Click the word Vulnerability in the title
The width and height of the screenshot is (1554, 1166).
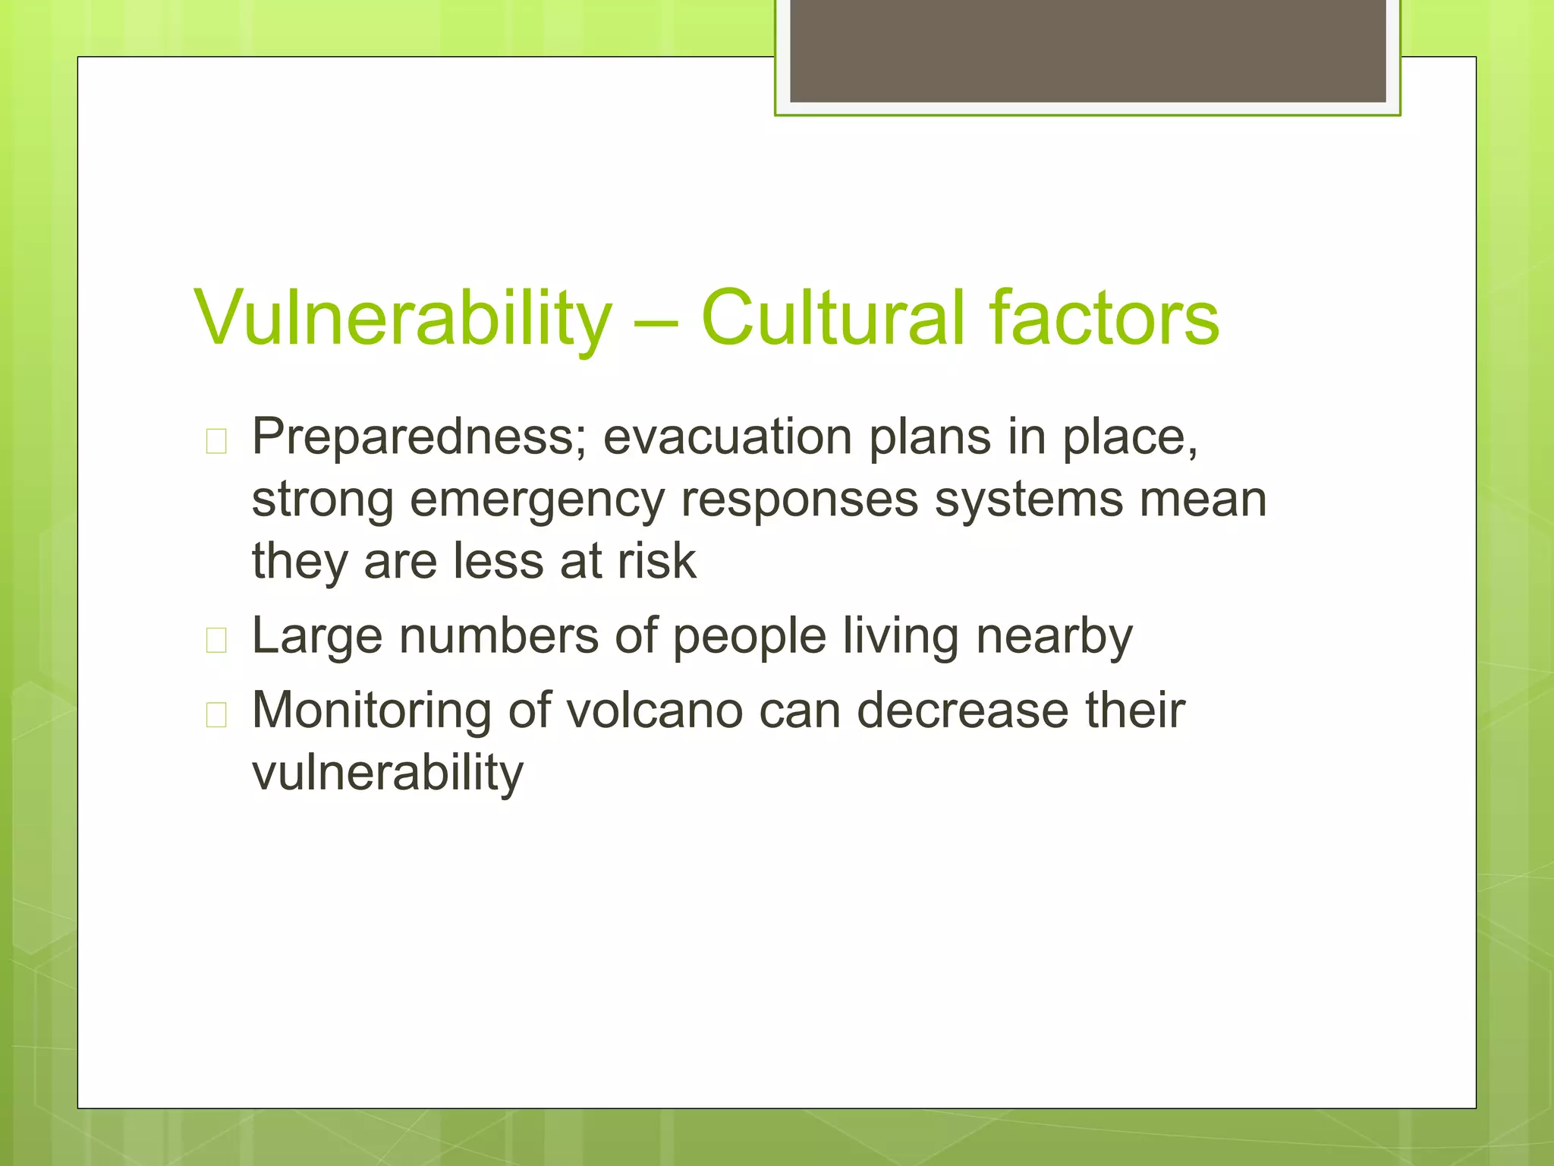coord(402,319)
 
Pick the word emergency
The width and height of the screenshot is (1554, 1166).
coord(536,501)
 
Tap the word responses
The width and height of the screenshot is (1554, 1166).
coord(799,501)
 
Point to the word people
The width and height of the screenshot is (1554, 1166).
coord(749,637)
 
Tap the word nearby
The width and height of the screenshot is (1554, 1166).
coord(1054,637)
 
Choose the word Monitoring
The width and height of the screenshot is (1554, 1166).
coord(372,712)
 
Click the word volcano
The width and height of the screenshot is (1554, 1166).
coord(654,711)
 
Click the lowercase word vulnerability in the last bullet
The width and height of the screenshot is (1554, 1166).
coord(388,774)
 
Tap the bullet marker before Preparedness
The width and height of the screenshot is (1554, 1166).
coord(216,441)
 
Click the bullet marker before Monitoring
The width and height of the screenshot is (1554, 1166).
coord(216,714)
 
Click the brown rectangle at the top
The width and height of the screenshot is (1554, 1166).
coord(1087,50)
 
